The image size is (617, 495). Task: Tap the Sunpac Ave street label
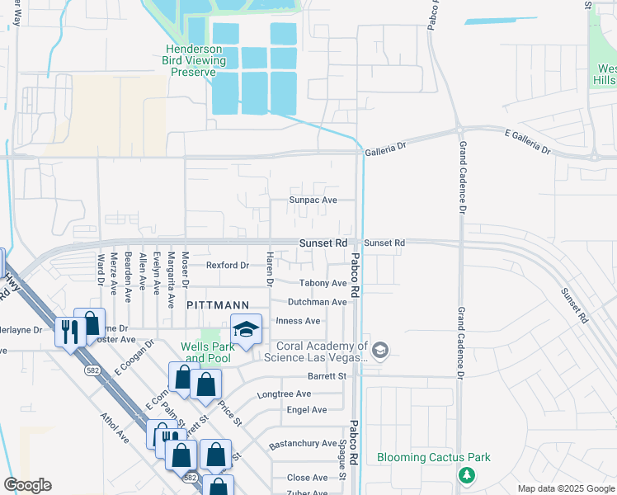click(x=313, y=200)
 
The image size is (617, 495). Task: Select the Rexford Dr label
click(x=227, y=265)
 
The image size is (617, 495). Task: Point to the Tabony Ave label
click(x=323, y=283)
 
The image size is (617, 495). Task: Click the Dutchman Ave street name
click(x=317, y=302)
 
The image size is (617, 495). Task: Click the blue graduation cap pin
click(x=246, y=331)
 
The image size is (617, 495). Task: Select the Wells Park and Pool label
click(x=209, y=352)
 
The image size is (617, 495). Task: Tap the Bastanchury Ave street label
click(x=303, y=444)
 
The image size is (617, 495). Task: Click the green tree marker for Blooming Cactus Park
click(x=467, y=475)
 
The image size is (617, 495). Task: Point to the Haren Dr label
click(x=269, y=271)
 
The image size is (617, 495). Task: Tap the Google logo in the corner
click(x=28, y=485)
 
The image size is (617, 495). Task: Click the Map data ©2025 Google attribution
click(x=566, y=488)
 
